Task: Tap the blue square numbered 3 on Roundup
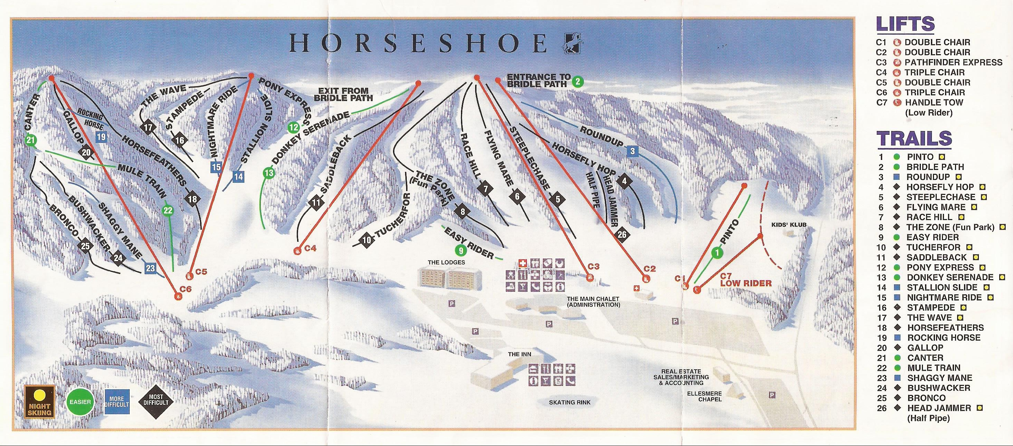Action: [632, 151]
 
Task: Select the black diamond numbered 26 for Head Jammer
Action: [622, 235]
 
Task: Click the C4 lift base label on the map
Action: [310, 248]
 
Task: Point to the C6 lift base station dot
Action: [177, 296]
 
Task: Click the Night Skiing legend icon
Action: [39, 401]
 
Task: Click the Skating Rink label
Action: [570, 402]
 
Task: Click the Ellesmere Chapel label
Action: [710, 396]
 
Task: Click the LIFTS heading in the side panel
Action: [905, 24]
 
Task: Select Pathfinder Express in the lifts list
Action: [953, 62]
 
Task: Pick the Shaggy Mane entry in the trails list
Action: [940, 378]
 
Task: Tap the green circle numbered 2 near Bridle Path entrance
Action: [578, 82]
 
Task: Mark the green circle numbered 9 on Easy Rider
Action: [461, 250]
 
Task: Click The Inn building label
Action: [520, 354]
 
